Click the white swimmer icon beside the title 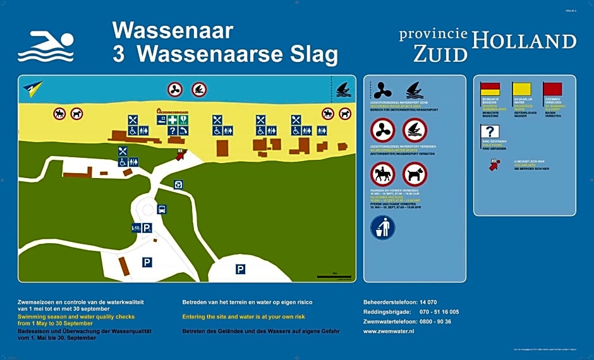point(45,46)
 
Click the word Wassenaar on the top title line point(173,30)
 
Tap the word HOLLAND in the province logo point(524,42)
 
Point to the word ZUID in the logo point(440,54)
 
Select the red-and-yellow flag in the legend point(490,89)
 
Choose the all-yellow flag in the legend point(522,89)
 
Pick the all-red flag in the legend point(553,89)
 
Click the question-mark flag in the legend point(490,132)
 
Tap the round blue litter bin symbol point(383,228)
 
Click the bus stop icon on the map point(162,209)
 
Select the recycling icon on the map point(179,184)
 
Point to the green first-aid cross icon point(172,120)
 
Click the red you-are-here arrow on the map point(181,154)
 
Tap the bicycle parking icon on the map point(136,228)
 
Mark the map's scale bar point(334,276)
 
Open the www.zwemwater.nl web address point(388,331)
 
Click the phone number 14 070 point(428,302)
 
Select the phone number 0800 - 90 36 point(435,321)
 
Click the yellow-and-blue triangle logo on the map point(32,87)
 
